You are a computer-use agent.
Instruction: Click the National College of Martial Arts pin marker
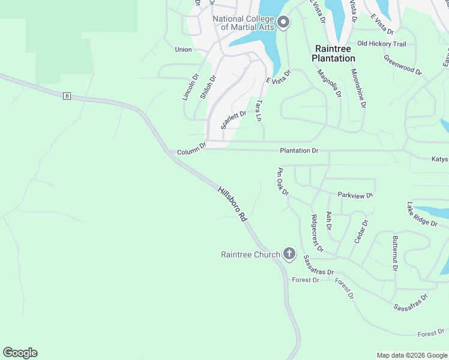click(x=283, y=23)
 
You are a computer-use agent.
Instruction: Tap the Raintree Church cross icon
click(x=289, y=254)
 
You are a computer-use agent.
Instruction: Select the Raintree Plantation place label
click(x=333, y=53)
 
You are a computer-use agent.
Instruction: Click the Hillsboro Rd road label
click(x=232, y=205)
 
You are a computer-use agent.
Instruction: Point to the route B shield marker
click(x=67, y=96)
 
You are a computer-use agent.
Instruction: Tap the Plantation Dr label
click(x=299, y=151)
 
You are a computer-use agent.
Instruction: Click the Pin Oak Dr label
click(x=283, y=181)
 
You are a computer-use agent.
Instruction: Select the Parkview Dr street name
click(x=355, y=195)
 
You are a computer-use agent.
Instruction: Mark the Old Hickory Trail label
click(x=381, y=44)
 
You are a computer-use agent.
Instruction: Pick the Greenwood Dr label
click(x=403, y=65)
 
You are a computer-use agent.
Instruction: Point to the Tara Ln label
click(x=259, y=112)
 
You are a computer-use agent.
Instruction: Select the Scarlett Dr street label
click(x=234, y=119)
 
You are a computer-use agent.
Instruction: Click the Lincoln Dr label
click(x=189, y=87)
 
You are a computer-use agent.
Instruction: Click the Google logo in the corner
click(x=20, y=353)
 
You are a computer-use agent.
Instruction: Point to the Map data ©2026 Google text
click(x=411, y=355)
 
